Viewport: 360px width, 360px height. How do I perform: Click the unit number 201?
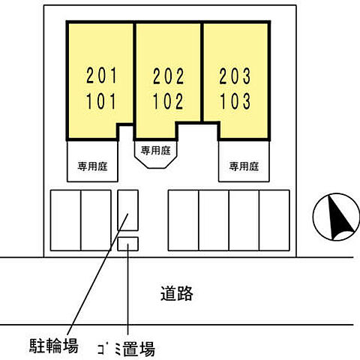[102, 76]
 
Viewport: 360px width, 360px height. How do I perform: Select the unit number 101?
[101, 101]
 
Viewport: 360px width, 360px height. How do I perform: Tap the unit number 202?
[169, 76]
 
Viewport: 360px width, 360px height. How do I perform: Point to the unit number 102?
[168, 101]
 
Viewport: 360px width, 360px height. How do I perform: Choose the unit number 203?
[235, 76]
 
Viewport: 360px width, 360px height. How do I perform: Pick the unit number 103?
[235, 101]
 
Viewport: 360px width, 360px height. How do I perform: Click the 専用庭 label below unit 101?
[92, 166]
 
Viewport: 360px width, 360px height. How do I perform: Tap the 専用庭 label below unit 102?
[155, 151]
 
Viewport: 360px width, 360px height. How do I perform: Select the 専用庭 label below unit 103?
[244, 166]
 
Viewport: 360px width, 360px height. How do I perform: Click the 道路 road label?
[176, 293]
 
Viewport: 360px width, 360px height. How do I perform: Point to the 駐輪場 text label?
[53, 346]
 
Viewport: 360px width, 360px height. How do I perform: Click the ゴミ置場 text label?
[126, 349]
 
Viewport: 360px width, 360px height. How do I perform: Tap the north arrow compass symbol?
[336, 217]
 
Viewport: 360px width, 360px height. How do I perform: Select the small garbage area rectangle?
[128, 244]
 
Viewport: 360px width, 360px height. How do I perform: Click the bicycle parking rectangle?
[128, 210]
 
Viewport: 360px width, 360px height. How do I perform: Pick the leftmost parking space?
[65, 220]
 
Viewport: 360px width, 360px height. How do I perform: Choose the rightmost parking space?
[274, 220]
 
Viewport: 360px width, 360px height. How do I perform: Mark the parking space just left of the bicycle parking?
[96, 220]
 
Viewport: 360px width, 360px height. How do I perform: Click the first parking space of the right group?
[184, 220]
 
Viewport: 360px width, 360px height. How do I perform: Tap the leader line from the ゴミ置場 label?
[127, 289]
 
